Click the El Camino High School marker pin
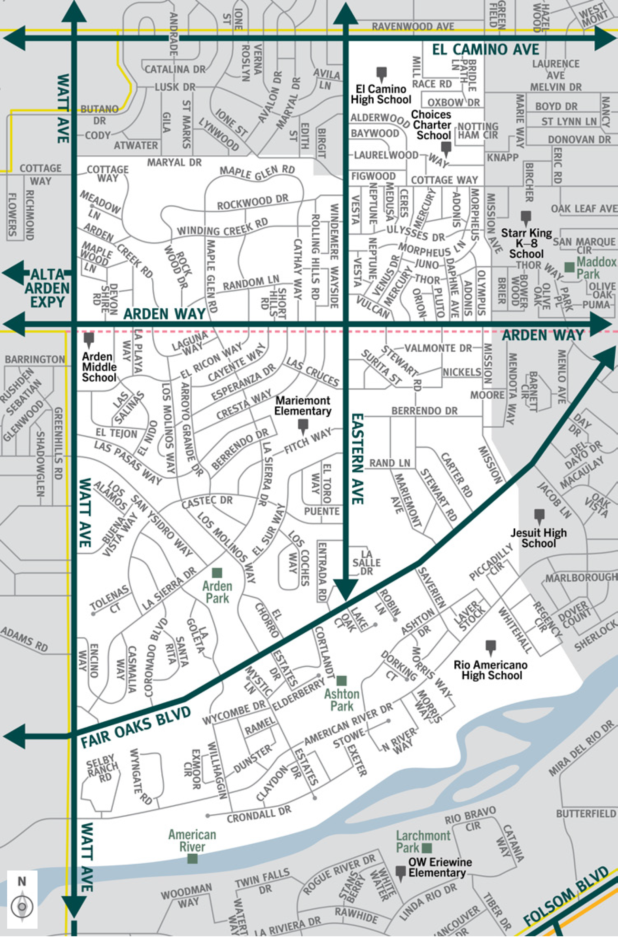click(381, 73)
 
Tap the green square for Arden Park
click(217, 573)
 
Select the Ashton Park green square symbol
click(342, 681)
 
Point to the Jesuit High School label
click(538, 538)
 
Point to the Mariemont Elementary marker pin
click(303, 426)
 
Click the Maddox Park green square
click(569, 267)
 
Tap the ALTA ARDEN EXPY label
click(47, 288)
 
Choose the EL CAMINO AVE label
click(485, 50)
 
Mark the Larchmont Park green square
click(427, 848)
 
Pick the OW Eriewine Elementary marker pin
click(401, 871)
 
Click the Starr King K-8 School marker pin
click(525, 217)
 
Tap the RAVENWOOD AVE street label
click(413, 27)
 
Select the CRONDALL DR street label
click(259, 814)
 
